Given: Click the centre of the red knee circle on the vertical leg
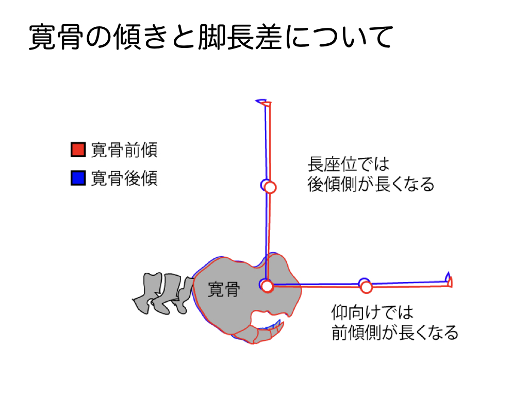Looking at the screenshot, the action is coord(270,187).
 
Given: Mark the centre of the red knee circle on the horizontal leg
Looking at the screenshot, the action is coord(366,287).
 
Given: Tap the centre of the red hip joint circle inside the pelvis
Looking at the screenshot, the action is coord(267,287).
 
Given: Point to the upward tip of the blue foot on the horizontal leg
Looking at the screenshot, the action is coord(448,272).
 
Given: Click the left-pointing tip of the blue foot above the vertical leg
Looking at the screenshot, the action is coord(256,101).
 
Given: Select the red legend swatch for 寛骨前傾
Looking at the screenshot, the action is coord(78,150).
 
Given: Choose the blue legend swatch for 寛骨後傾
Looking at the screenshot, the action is coord(78,178).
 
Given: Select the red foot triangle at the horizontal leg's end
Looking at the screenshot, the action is coord(450,282).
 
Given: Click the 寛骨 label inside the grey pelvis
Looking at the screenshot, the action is coord(224,289).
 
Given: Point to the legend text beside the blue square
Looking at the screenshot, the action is coord(124,178).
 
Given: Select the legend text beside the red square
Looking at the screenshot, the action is coord(124,150).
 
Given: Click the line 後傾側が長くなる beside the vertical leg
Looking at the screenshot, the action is coord(371,184).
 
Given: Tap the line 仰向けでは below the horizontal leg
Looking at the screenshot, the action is coord(372,312).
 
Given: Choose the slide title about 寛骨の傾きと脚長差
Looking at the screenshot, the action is coord(211,37).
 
